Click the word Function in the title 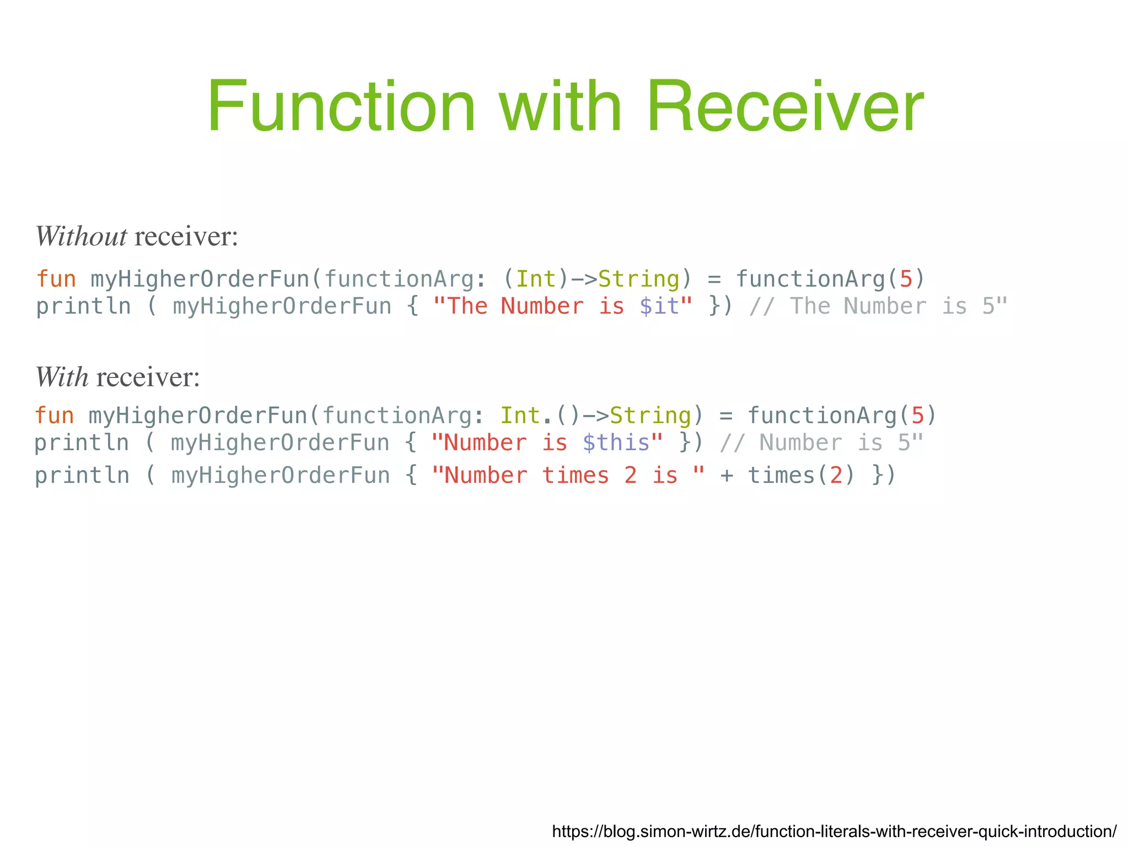(x=341, y=106)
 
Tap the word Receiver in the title (x=786, y=106)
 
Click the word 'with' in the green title (x=561, y=106)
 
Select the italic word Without (x=81, y=236)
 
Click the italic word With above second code (x=62, y=377)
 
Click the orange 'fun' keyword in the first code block (x=56, y=279)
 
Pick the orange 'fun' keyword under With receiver (x=55, y=416)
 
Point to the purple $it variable (x=659, y=306)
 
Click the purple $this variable (x=616, y=443)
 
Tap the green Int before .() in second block (x=520, y=416)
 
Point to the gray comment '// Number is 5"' (x=821, y=443)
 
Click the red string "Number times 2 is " (x=568, y=476)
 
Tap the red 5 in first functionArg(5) (x=906, y=279)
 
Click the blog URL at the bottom (x=834, y=831)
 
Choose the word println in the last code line (x=82, y=476)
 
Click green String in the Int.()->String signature (x=650, y=416)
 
